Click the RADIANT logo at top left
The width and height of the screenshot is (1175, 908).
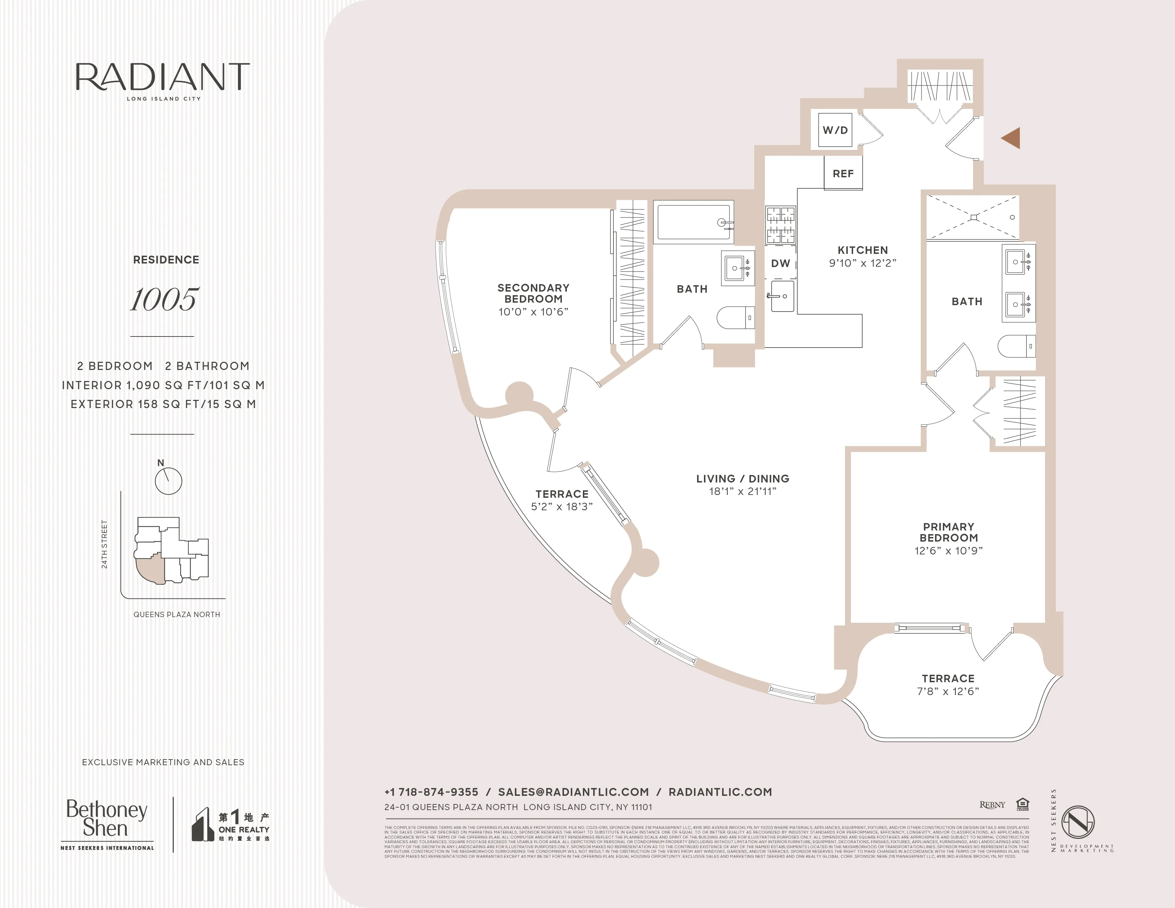coord(162,78)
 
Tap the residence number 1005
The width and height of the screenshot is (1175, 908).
coord(164,299)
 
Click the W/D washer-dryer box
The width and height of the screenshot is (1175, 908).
coord(835,130)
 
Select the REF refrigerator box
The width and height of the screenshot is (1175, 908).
coord(843,173)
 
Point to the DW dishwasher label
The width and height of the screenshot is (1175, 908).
coord(780,263)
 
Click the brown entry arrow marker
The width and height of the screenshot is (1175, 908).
coord(1012,138)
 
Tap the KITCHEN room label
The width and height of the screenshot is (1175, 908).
coord(862,250)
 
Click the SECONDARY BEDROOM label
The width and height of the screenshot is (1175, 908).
coord(533,293)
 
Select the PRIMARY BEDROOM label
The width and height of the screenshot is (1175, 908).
coord(949,532)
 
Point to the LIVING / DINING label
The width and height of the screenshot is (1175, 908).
coord(742,478)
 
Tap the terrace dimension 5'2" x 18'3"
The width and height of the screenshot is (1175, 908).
coord(562,507)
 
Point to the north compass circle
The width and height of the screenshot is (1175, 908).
coord(168,480)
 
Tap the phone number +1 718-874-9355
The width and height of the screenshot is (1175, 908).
coord(431,792)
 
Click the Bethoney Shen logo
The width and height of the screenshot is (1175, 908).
coord(106,819)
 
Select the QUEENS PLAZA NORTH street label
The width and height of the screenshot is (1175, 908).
coord(177,614)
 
